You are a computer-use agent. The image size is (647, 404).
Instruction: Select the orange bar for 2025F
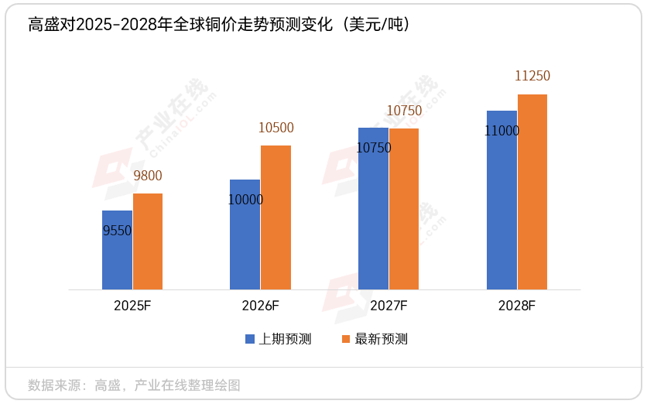[148, 241]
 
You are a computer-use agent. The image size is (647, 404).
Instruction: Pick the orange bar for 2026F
[276, 217]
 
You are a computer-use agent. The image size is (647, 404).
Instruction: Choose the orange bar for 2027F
[404, 209]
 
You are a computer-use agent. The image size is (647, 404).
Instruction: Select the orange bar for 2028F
[532, 192]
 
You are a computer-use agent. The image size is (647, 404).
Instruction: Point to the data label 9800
[148, 176]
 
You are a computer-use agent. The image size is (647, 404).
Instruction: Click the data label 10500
[276, 128]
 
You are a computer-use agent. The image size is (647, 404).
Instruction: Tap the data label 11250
[532, 76]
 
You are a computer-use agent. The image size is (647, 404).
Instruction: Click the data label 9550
[117, 230]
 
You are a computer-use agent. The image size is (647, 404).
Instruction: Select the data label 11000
[502, 131]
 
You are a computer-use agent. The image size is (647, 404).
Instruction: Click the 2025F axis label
[132, 306]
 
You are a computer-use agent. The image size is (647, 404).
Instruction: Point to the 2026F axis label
[260, 306]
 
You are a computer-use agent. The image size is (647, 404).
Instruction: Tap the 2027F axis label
[389, 306]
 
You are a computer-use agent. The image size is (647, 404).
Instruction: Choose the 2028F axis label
[517, 306]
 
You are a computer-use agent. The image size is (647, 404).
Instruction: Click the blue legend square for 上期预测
[250, 339]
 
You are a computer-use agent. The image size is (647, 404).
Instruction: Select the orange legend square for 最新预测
[346, 339]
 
